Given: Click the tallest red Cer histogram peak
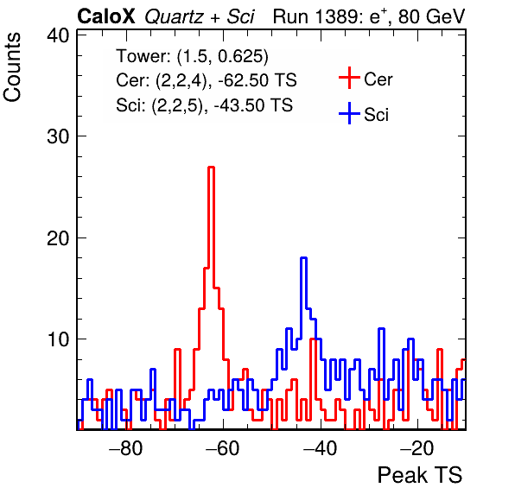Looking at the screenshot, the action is (x=211, y=168).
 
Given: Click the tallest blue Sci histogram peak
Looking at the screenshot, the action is (x=304, y=258).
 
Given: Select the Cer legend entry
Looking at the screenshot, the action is (x=366, y=79).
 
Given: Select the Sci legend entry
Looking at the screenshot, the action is (x=364, y=114).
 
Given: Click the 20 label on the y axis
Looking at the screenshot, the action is (x=58, y=238).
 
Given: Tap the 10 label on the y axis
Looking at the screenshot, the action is (x=58, y=339).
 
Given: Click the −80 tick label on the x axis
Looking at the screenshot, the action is (x=126, y=447).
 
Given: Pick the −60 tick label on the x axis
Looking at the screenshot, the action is (x=223, y=447).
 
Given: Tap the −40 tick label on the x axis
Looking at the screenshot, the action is (x=321, y=447).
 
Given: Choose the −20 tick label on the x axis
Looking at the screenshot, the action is (x=417, y=447).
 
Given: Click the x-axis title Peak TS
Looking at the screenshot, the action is (x=420, y=475).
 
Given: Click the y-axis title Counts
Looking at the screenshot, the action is (x=12, y=67).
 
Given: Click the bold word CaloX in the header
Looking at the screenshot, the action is (x=106, y=16).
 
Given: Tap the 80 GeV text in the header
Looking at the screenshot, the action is (x=432, y=16).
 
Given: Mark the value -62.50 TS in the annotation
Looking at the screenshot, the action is (x=257, y=80).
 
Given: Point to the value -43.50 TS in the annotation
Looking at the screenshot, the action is (x=253, y=105).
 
